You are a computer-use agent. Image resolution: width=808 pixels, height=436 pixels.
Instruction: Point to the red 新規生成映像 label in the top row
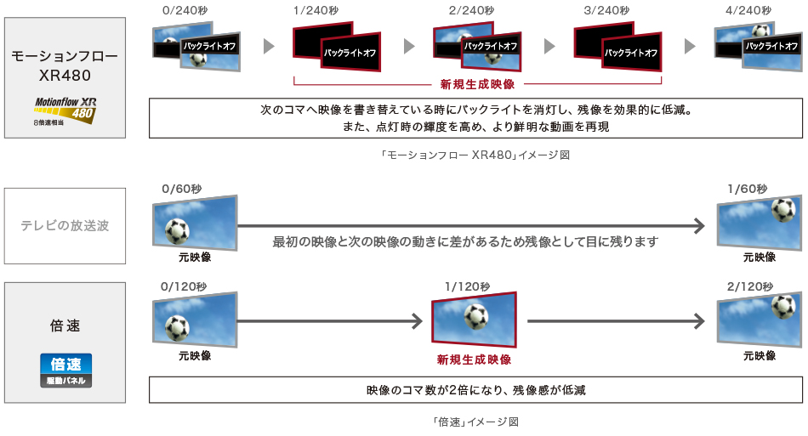[477, 84]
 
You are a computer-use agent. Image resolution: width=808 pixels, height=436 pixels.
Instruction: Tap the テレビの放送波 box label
[65, 226]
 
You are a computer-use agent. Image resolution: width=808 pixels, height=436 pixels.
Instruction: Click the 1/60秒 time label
[747, 188]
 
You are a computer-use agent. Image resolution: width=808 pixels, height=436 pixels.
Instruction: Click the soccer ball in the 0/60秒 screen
[177, 229]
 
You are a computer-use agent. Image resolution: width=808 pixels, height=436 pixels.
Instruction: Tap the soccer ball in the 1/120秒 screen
[476, 317]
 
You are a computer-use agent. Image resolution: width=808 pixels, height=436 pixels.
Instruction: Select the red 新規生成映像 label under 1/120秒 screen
[474, 360]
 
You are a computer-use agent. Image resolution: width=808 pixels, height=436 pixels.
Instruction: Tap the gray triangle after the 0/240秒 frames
[270, 46]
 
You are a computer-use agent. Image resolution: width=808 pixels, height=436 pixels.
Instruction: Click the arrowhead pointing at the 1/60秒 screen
[698, 226]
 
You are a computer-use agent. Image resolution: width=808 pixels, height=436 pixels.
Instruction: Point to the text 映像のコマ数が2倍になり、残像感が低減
[475, 390]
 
